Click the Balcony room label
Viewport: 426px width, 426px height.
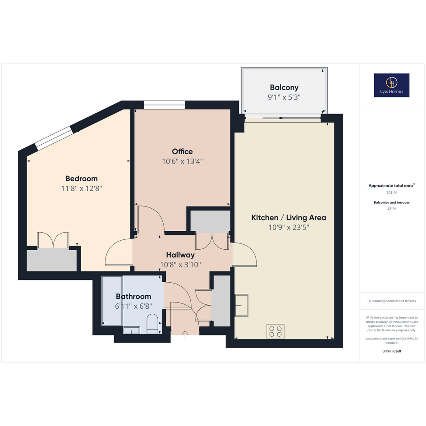click(284, 87)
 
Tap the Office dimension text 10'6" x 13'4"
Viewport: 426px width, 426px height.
click(182, 161)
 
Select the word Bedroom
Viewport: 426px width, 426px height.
click(82, 179)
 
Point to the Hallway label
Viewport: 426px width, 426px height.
click(180, 255)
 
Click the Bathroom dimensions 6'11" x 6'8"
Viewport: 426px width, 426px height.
click(133, 306)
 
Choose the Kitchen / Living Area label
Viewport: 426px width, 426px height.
click(289, 217)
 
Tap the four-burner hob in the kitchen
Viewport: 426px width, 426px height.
click(275, 331)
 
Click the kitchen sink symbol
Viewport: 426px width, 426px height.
click(242, 305)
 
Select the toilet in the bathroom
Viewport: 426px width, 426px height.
click(152, 324)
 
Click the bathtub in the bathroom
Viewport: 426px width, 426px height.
click(112, 301)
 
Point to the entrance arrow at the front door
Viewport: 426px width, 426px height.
click(185, 334)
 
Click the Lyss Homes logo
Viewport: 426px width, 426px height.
click(391, 85)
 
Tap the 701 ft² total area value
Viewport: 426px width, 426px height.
click(391, 192)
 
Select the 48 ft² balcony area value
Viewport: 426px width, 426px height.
click(391, 209)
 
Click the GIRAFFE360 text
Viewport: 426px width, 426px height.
click(391, 351)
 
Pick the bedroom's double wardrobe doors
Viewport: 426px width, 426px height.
click(53, 240)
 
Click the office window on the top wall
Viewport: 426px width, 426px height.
click(165, 105)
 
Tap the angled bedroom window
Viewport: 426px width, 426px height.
click(54, 138)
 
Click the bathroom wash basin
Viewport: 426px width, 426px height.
click(132, 330)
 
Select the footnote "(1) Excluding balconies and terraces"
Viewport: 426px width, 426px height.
click(391, 301)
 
